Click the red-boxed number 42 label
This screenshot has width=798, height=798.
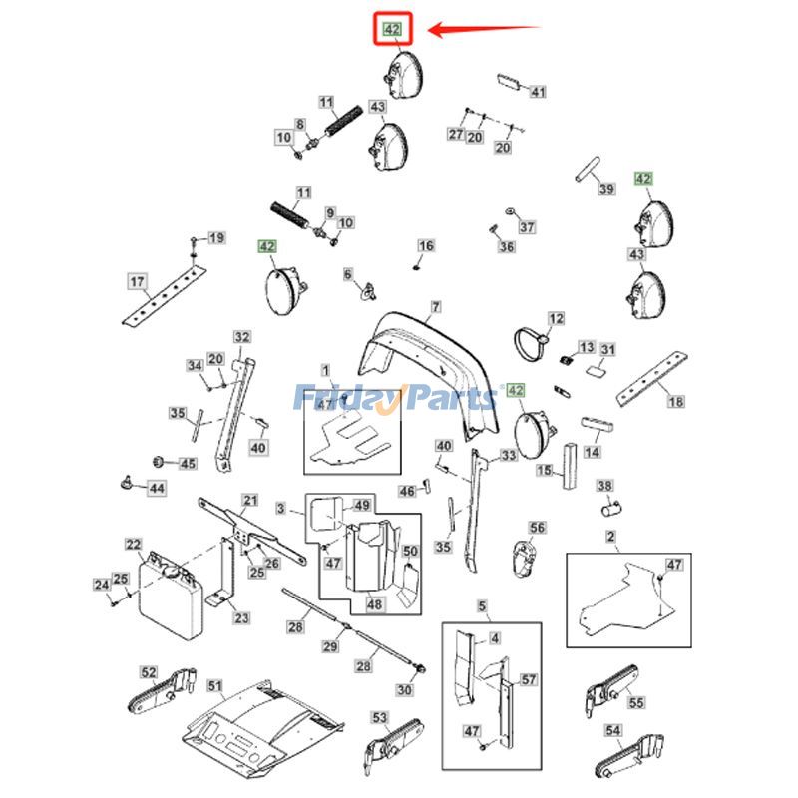pos(392,30)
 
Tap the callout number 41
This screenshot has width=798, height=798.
pos(538,93)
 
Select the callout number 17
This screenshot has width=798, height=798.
pos(138,282)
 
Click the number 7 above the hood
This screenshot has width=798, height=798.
pos(435,306)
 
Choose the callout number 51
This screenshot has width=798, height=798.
pos(215,686)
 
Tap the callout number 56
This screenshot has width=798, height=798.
pos(538,528)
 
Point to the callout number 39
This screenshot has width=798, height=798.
pos(606,189)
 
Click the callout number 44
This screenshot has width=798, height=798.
pos(158,488)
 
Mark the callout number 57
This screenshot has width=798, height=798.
pos(529,680)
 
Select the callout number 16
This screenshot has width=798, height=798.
pos(426,246)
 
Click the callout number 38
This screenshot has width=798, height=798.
pos(604,487)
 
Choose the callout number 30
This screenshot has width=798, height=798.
pos(404,689)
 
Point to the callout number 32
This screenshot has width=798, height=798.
pos(241,337)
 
